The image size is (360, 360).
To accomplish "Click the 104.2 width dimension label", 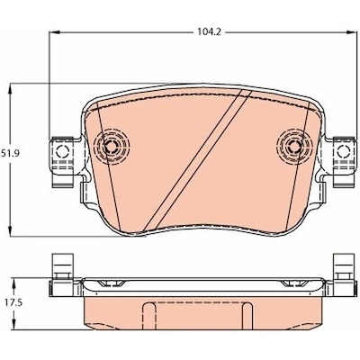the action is (209, 32).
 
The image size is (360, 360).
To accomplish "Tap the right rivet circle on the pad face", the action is (294, 146).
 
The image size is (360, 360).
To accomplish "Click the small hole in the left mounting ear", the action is (62, 150).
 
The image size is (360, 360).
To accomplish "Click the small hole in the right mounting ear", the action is (343, 150).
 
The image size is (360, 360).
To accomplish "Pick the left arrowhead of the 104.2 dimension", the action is (53, 32).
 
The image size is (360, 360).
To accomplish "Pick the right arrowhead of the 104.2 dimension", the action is (350, 32).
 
